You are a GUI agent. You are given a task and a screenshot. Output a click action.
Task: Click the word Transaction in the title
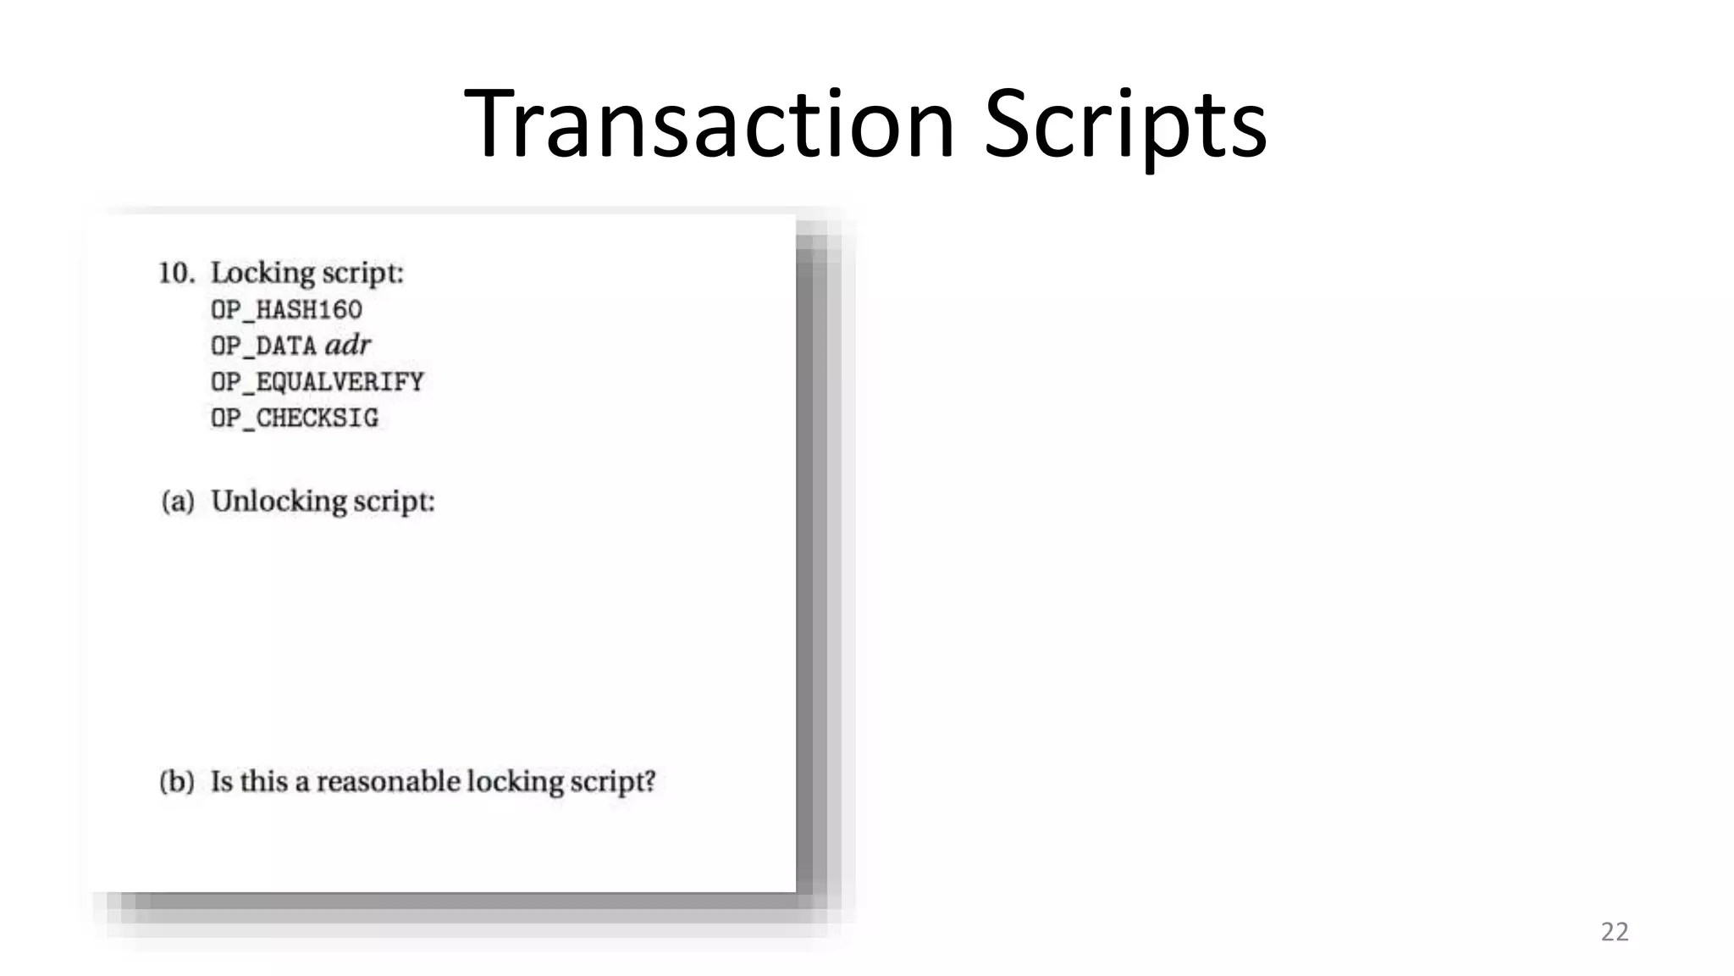[710, 124]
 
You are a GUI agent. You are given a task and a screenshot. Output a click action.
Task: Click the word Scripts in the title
[1125, 124]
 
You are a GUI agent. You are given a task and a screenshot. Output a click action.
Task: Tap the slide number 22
[1614, 932]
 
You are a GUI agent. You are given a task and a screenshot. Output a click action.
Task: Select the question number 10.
[177, 273]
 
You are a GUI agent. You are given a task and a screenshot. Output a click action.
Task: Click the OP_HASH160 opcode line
[286, 310]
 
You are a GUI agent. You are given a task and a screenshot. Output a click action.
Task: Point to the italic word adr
[348, 345]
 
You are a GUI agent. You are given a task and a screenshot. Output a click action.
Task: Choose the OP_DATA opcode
[263, 347]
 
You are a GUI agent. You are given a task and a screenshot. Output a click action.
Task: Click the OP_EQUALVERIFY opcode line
[318, 382]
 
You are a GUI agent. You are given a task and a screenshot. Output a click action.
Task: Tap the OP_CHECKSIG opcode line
[295, 419]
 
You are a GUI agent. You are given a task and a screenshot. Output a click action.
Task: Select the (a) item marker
[178, 502]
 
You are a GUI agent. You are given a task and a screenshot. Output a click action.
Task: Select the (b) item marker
[177, 781]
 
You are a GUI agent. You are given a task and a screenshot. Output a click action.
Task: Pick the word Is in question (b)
[221, 781]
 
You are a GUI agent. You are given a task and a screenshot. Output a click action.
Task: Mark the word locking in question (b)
[514, 781]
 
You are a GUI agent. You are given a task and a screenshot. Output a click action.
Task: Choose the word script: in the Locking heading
[364, 273]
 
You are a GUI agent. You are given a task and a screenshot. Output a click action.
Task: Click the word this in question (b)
[263, 781]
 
